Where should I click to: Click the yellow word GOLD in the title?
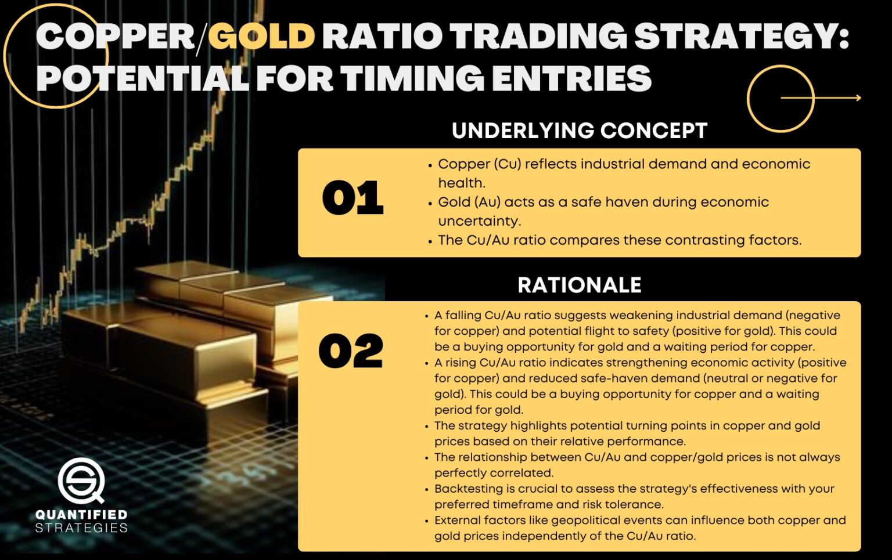(261, 36)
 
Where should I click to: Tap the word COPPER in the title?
(115, 36)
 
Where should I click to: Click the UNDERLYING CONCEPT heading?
(580, 131)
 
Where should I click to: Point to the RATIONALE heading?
(580, 285)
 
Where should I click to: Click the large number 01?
(353, 198)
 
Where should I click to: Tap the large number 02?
(351, 352)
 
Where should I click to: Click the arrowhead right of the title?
(857, 98)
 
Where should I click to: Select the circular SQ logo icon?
(81, 480)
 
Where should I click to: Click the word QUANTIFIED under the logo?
(81, 515)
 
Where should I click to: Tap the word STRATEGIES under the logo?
(81, 528)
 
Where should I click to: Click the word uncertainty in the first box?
(479, 221)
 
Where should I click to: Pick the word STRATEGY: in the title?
(741, 36)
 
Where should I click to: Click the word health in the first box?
(460, 183)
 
